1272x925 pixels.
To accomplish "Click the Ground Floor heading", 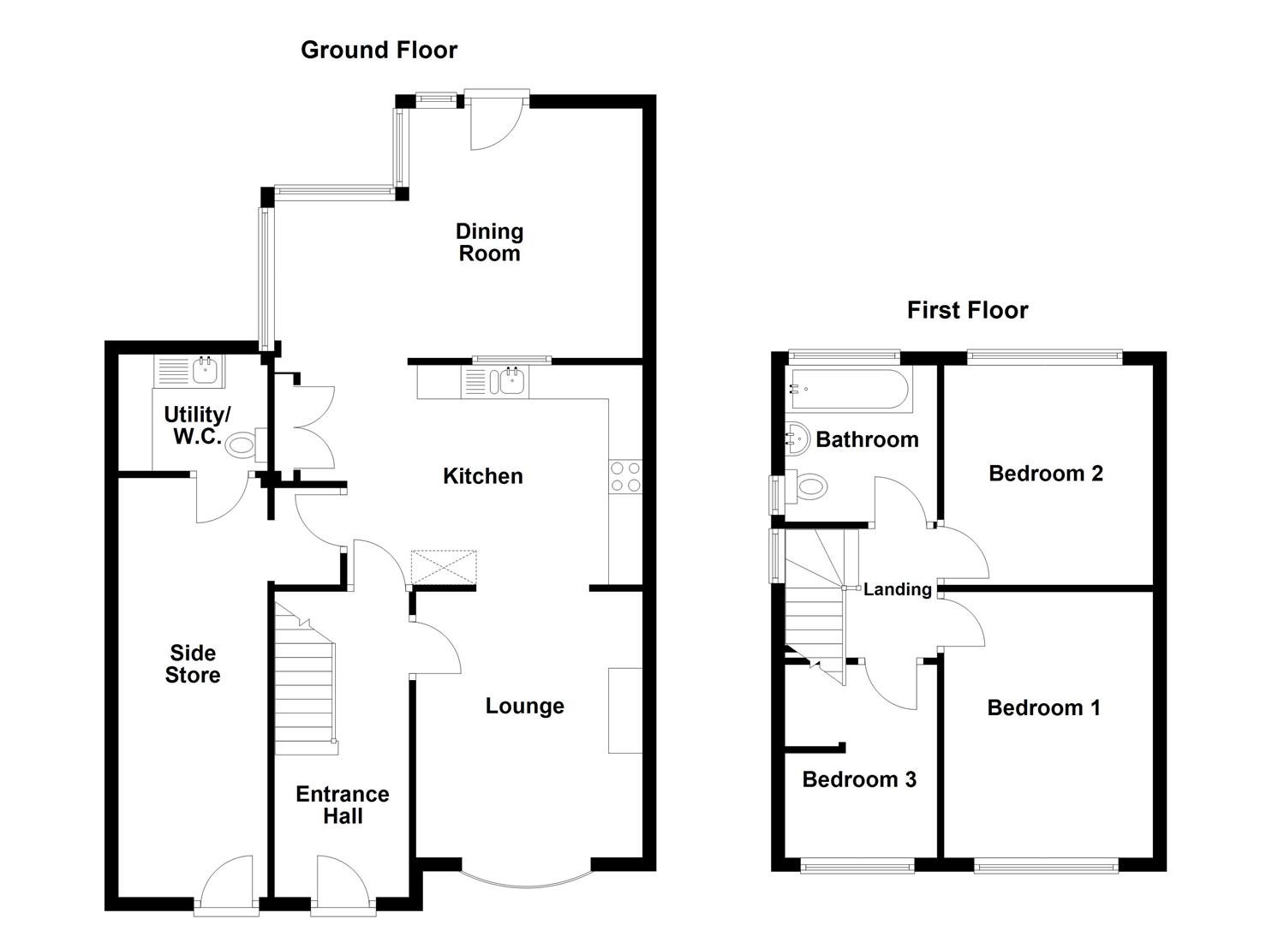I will coord(379,50).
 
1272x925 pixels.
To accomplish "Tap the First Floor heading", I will coord(967,310).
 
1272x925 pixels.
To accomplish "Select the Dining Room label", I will coord(489,242).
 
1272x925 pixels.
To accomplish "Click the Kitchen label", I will coord(482,476).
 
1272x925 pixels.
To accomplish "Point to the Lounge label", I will coord(524,706).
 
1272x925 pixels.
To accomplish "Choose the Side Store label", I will coord(193,664).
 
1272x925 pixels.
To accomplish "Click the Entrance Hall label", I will coord(343,805).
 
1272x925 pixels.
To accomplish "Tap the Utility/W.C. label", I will coord(196,425).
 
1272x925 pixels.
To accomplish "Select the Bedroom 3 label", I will coord(859,779).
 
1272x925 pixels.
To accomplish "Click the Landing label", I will coord(897,589).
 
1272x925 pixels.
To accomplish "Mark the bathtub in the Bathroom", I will coord(845,389).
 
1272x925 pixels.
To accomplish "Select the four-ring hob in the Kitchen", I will coord(625,477).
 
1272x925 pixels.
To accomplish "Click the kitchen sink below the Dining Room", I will coord(511,381).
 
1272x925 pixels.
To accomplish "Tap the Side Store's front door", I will coord(226,882).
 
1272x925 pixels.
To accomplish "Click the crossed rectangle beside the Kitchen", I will coord(444,567).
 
